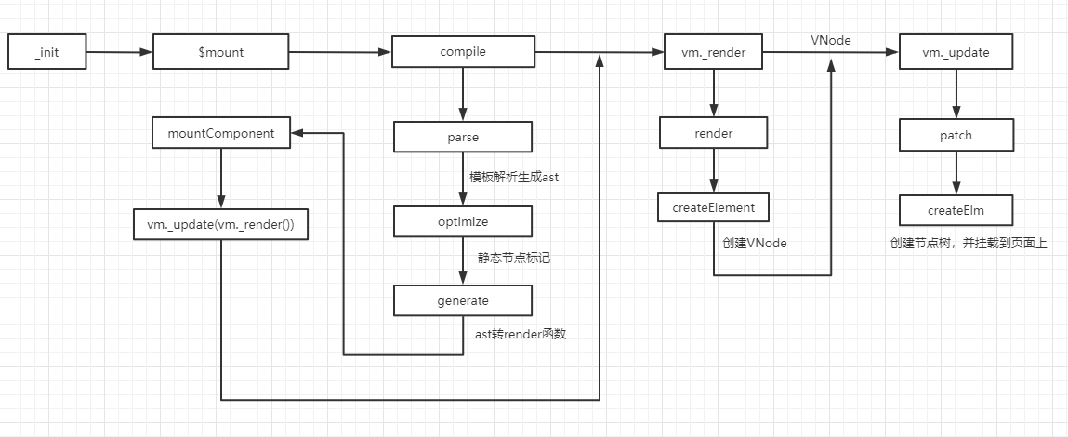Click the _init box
[46, 53]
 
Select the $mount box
[221, 53]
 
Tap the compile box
[463, 53]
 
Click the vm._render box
[713, 53]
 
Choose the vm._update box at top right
[956, 53]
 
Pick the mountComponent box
[221, 133]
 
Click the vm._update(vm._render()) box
[221, 225]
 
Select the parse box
[463, 137]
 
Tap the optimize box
[463, 221]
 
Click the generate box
[463, 300]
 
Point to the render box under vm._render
[713, 133]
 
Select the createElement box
[713, 207]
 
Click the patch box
[956, 135]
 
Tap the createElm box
[956, 209]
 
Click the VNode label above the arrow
[830, 41]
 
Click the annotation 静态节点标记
[514, 258]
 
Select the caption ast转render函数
[514, 334]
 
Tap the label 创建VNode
[756, 242]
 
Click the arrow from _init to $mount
[119, 53]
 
